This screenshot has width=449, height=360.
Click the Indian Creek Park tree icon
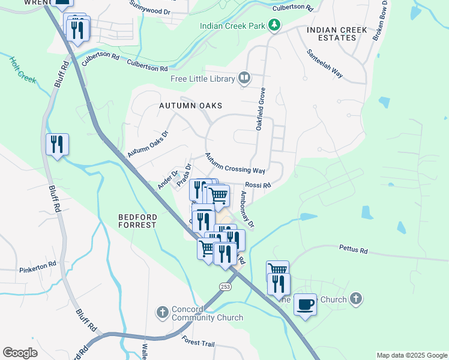(274, 25)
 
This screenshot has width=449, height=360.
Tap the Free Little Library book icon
(244, 78)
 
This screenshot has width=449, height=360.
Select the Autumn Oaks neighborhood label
(190, 105)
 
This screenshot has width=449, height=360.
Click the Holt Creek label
(23, 70)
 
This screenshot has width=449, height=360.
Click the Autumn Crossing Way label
(235, 163)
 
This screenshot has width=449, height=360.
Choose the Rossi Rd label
(258, 185)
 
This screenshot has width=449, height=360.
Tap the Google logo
(20, 353)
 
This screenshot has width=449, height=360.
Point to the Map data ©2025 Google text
(411, 355)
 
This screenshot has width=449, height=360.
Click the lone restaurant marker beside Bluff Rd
(57, 145)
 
